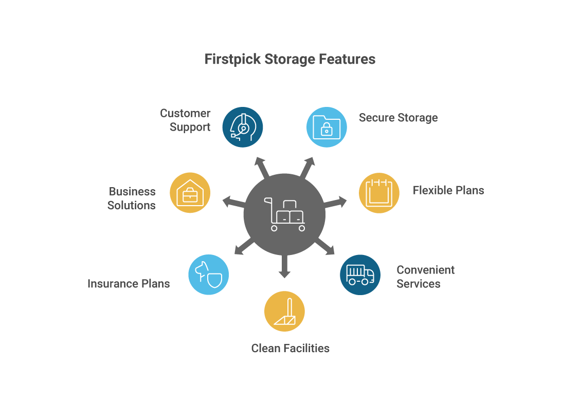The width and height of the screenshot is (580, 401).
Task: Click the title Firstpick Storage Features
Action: (290, 59)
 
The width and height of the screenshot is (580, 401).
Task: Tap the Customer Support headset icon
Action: (243, 127)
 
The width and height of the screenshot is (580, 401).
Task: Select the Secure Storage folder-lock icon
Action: (327, 127)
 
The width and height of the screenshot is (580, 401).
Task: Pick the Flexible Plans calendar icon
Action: (379, 193)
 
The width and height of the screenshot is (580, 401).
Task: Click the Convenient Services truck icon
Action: (360, 275)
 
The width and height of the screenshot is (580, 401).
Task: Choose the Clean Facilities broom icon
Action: (284, 312)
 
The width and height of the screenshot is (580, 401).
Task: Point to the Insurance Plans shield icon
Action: (208, 275)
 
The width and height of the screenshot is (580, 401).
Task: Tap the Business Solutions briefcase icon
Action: (190, 193)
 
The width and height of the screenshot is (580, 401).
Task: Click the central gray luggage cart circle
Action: (284, 214)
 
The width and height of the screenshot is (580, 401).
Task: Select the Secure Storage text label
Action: (398, 118)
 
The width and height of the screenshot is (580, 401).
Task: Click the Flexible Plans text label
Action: (448, 190)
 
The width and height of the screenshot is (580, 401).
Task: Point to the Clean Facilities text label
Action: (290, 348)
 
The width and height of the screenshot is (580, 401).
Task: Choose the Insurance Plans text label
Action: (129, 284)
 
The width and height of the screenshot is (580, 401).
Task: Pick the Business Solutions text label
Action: (132, 198)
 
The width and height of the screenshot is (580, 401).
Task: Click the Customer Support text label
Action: (186, 120)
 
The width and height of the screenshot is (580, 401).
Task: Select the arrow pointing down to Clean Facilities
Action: (284, 267)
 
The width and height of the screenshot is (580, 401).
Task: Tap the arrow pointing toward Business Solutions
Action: (232, 202)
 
